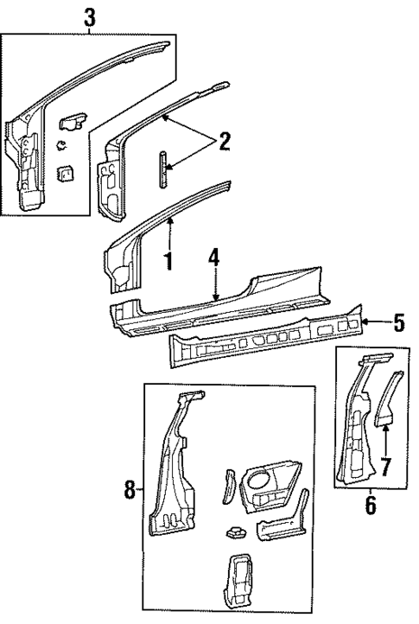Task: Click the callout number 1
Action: pos(169,260)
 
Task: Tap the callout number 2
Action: pos(224,141)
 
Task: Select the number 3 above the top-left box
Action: pos(89,15)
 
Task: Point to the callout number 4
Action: pos(214,258)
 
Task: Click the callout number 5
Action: pos(398,324)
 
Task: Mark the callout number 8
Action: pos(130,491)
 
